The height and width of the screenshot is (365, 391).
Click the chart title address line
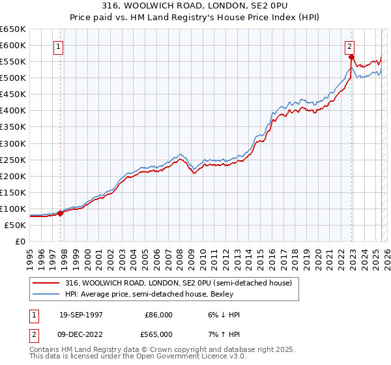tap(195, 5)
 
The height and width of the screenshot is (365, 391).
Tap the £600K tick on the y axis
tap(13, 46)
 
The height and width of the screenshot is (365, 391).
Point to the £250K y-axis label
tap(13, 160)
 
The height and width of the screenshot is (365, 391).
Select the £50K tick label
tap(16, 225)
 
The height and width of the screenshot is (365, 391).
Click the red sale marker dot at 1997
tap(61, 212)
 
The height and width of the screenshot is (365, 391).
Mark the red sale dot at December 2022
tap(351, 57)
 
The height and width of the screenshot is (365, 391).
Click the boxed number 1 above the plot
tap(59, 46)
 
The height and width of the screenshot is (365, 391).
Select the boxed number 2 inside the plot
tap(349, 46)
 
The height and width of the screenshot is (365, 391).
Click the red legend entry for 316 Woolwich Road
tap(182, 283)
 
